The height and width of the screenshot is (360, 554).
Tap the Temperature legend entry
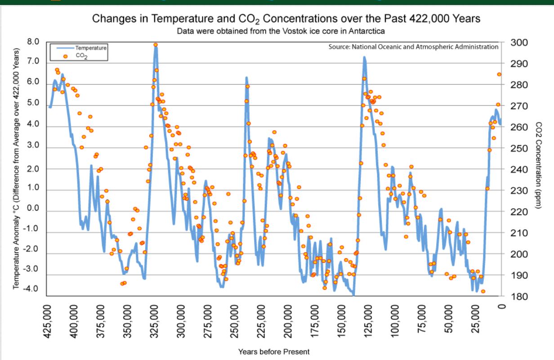pos(85,47)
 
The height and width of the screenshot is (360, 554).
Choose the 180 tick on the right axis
pos(519,297)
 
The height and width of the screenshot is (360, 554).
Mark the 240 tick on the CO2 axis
pos(519,170)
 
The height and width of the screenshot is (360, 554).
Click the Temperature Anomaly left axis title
pos(16,167)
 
